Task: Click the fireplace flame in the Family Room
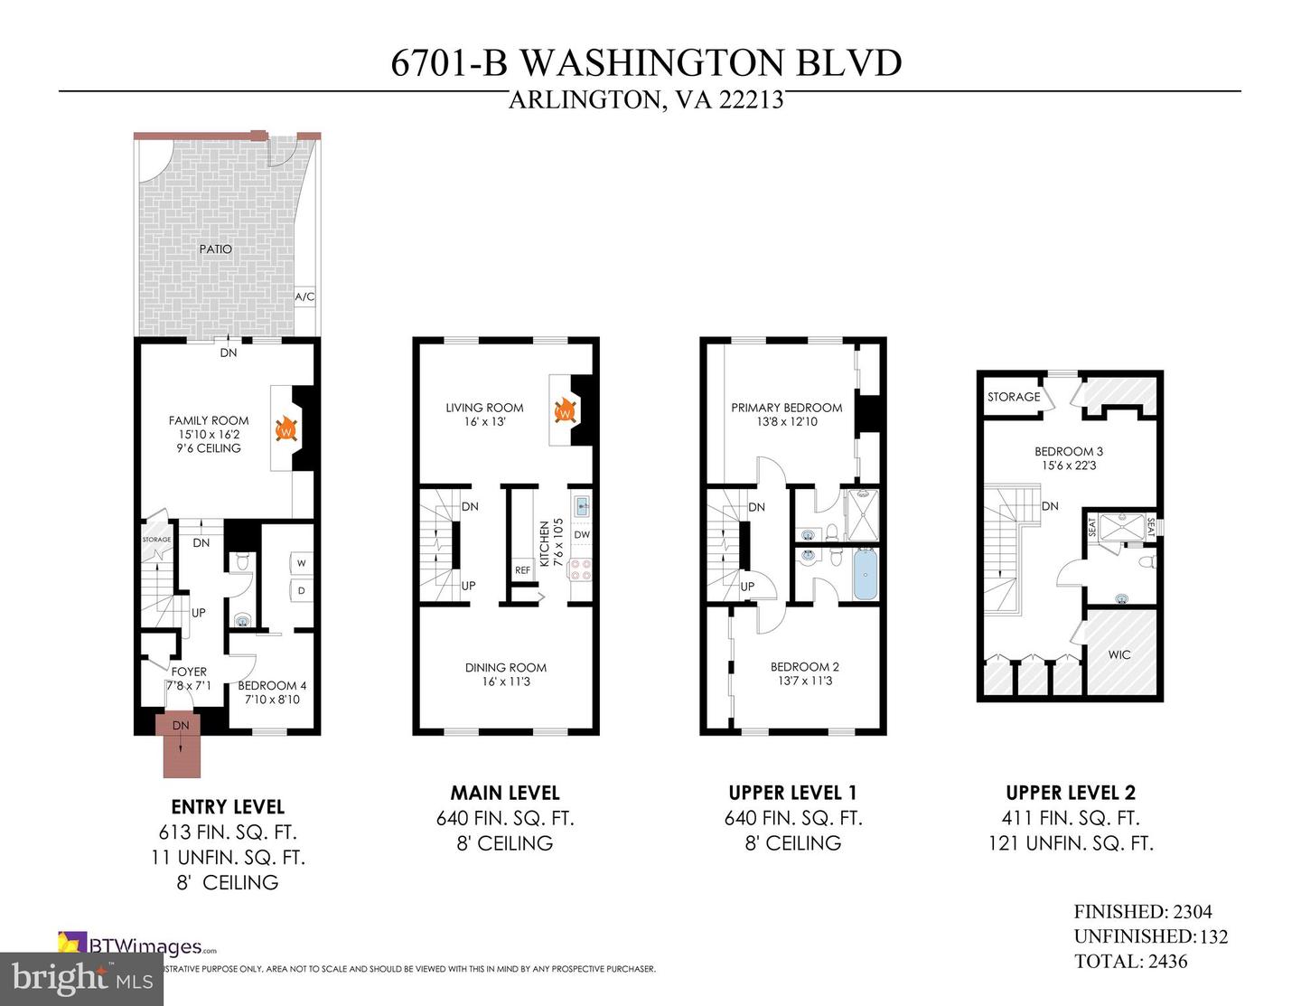click(x=285, y=428)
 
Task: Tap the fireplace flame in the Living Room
click(x=565, y=411)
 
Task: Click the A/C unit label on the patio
click(x=304, y=296)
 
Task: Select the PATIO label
click(x=216, y=249)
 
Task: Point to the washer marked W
click(x=301, y=563)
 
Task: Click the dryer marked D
click(x=301, y=591)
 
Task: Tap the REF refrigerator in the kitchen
click(x=522, y=570)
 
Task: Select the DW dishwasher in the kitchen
click(x=582, y=534)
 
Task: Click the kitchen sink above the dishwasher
click(x=582, y=505)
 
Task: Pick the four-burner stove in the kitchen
click(x=581, y=569)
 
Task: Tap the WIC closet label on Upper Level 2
click(x=1119, y=654)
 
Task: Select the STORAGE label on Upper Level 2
click(x=1014, y=397)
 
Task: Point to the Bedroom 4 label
click(x=272, y=685)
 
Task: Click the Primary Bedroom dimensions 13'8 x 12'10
click(x=786, y=421)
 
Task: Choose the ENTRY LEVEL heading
click(x=228, y=807)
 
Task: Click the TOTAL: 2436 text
click(x=1130, y=962)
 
